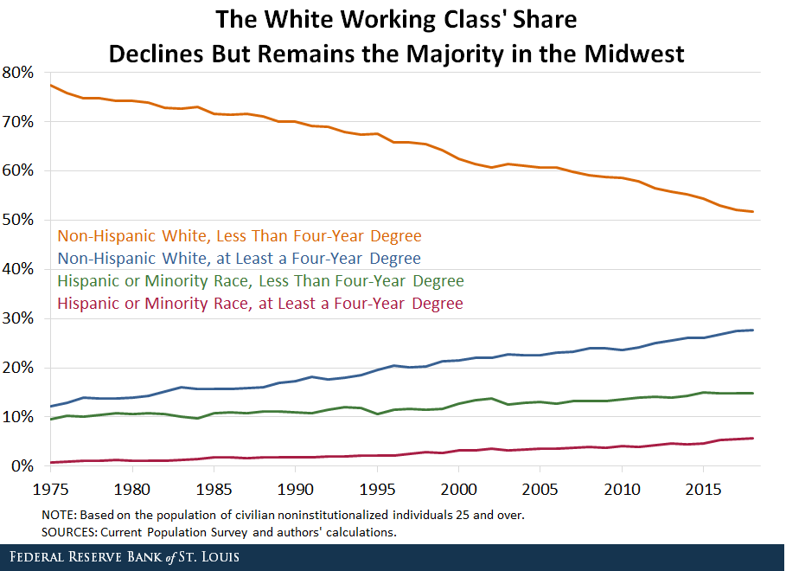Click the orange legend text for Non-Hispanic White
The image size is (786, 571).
[239, 235]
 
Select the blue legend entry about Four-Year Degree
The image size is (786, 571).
[239, 258]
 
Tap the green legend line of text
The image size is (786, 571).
[260, 281]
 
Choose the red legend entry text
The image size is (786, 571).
[259, 304]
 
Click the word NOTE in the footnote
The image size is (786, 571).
[60, 515]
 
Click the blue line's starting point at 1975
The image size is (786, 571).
[50, 407]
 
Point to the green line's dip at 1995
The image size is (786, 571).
[375, 414]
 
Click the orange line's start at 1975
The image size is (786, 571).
[50, 85]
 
